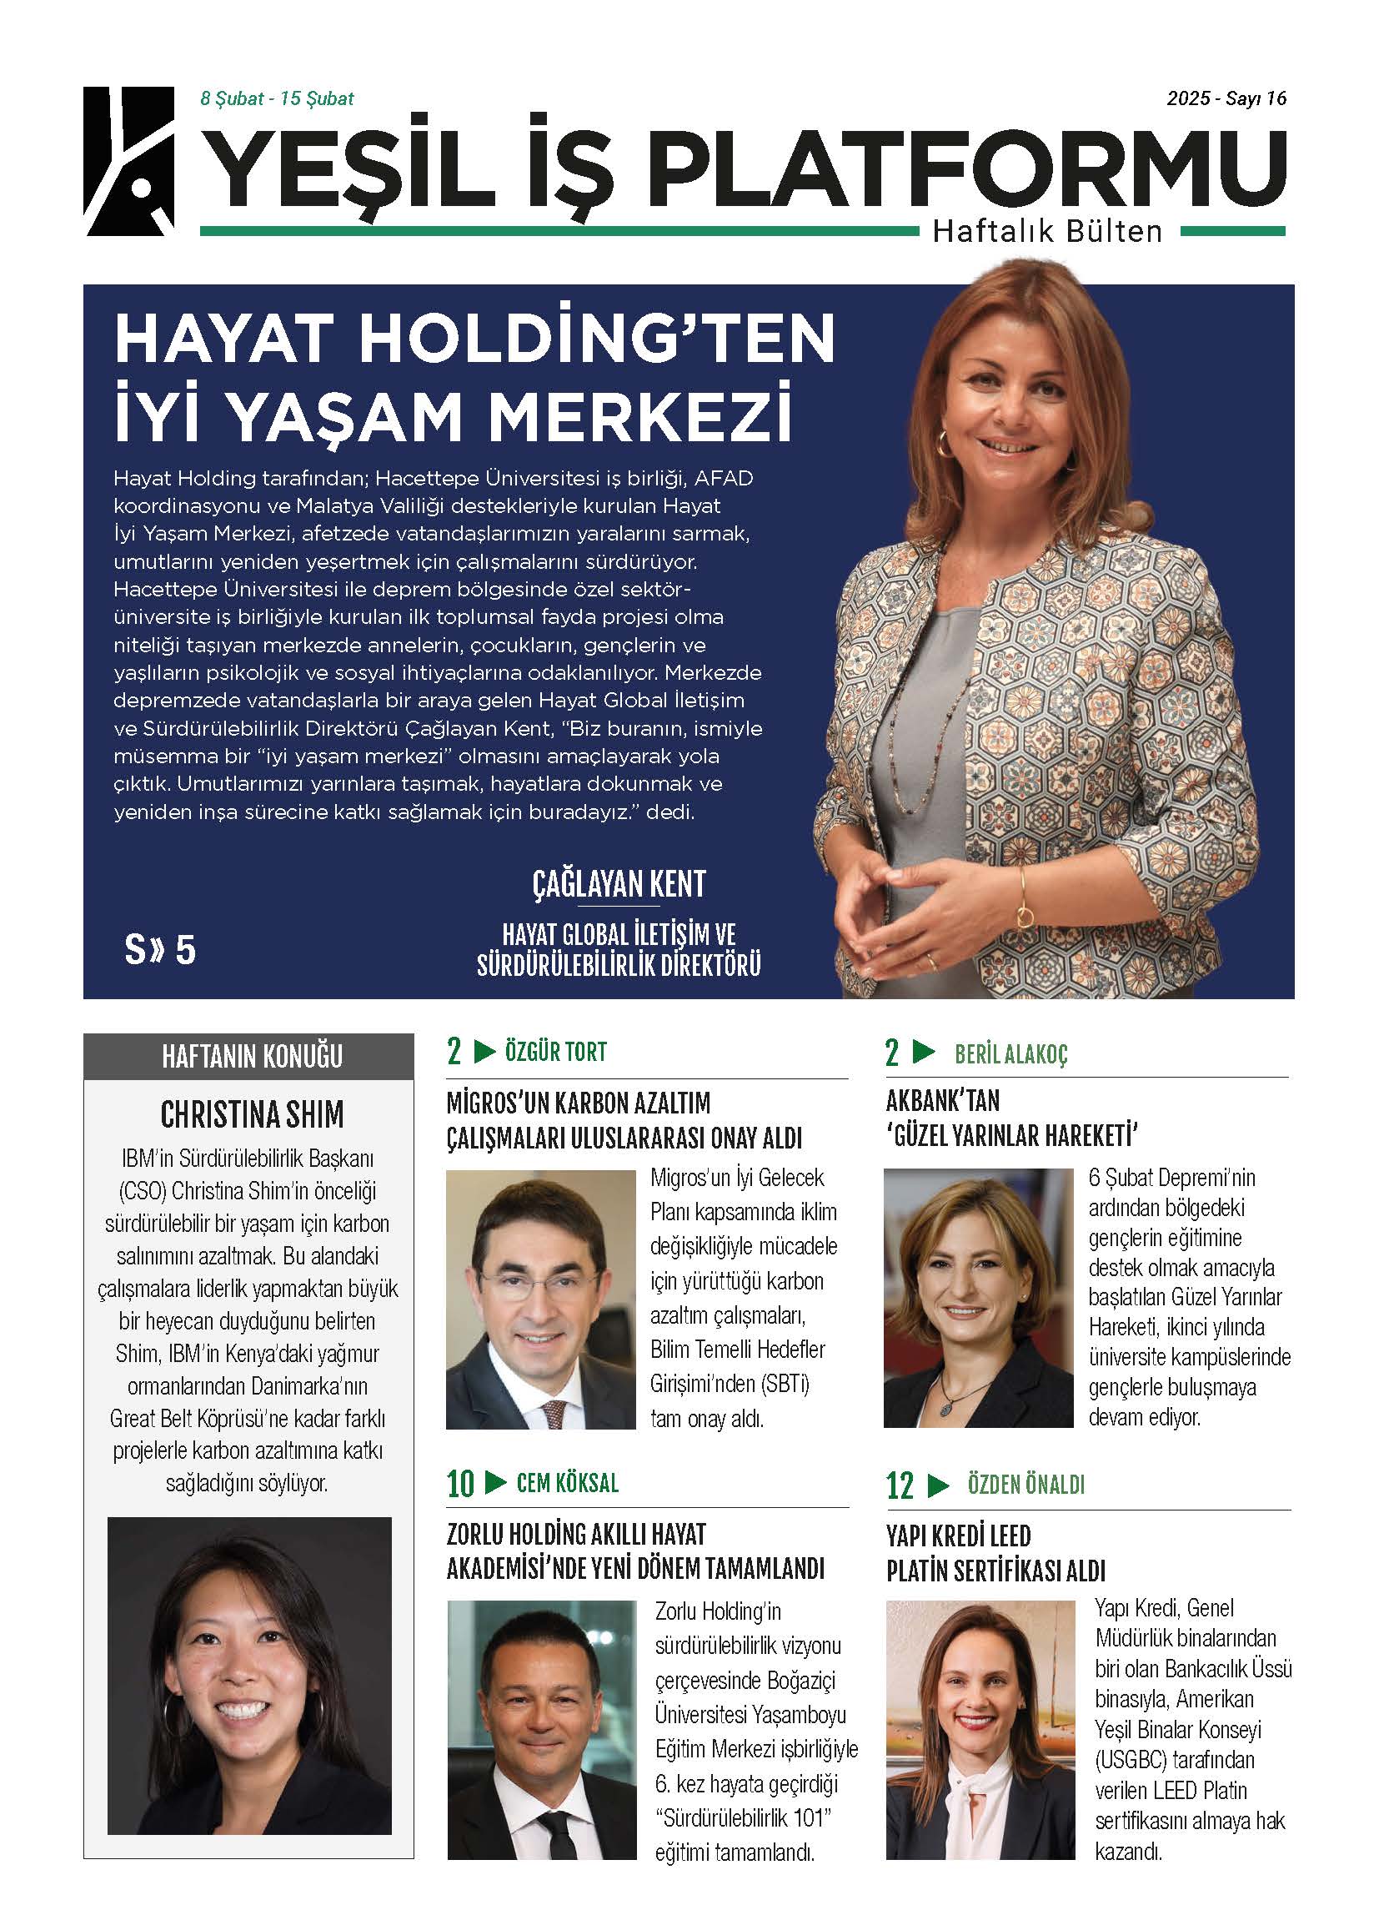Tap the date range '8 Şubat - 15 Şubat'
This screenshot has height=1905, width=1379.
(276, 98)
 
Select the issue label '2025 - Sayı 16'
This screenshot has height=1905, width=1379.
(1226, 98)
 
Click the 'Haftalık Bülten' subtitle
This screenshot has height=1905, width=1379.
(1047, 231)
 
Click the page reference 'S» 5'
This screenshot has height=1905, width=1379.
(159, 949)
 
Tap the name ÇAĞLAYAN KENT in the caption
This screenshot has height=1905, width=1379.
(619, 884)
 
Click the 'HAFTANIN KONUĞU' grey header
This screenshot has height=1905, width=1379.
(252, 1056)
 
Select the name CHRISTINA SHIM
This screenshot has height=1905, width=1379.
(252, 1114)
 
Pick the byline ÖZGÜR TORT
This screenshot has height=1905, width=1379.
(555, 1052)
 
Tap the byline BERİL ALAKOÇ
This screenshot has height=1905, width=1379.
(1010, 1054)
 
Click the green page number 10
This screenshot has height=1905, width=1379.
(460, 1484)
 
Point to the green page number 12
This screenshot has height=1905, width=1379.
(900, 1485)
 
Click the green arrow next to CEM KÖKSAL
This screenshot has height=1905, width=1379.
(496, 1482)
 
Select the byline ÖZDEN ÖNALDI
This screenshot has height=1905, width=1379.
(1025, 1484)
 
